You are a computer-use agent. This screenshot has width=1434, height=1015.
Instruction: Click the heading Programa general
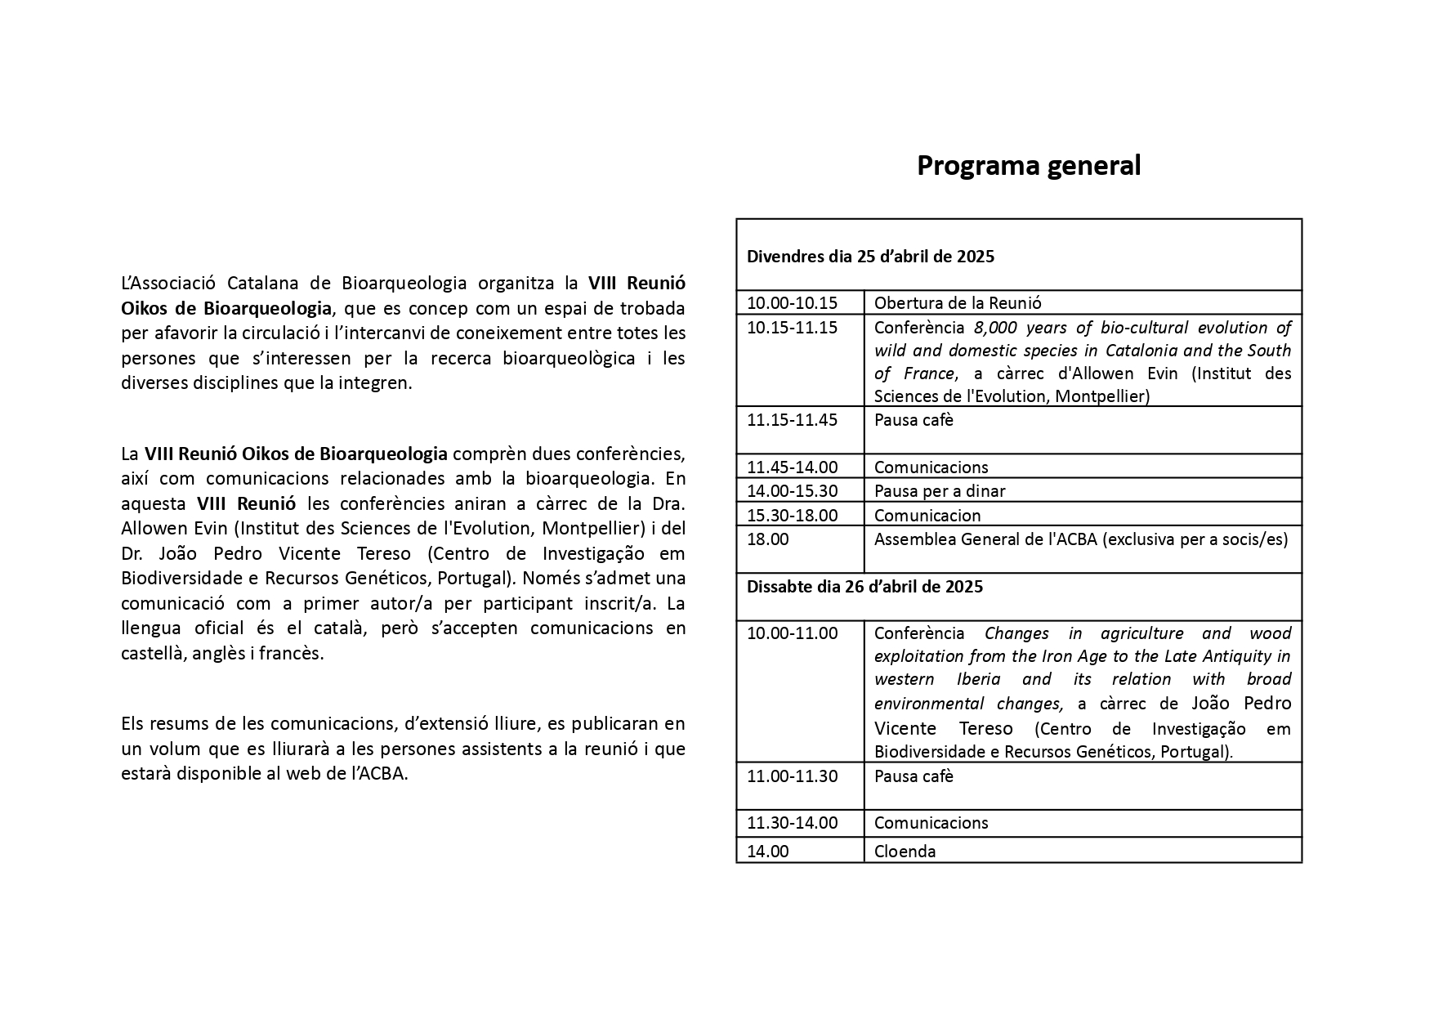(1028, 165)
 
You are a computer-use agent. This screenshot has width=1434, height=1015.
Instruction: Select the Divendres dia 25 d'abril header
(870, 257)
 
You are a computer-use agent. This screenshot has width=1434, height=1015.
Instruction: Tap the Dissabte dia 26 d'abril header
(864, 587)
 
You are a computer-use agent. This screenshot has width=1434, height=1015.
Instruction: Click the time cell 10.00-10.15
(792, 302)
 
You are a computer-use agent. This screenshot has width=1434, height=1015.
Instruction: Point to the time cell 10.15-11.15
(792, 328)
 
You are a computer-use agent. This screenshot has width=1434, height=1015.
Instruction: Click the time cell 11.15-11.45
(792, 420)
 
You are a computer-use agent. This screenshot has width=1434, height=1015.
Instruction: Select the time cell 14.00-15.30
(792, 491)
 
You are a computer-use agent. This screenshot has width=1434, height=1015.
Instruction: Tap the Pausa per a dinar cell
(940, 491)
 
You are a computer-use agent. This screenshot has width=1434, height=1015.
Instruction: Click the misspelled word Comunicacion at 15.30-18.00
(927, 516)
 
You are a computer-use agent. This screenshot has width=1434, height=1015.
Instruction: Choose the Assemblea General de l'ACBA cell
(1080, 539)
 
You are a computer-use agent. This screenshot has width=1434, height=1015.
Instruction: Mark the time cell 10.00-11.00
(792, 633)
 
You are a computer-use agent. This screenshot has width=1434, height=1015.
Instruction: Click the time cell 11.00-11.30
(792, 776)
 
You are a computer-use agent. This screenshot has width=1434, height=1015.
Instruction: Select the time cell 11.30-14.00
(792, 823)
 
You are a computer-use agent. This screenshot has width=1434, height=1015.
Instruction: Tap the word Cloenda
(905, 852)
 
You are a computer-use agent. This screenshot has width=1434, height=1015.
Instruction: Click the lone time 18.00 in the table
(768, 539)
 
